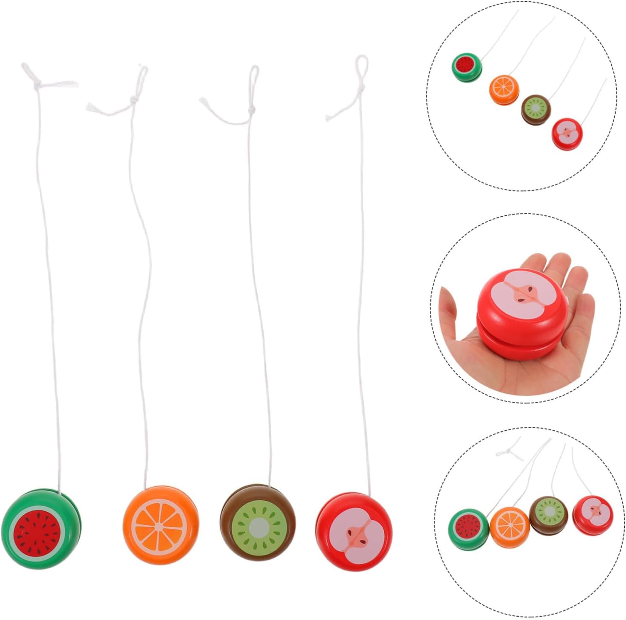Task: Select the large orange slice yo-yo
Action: (161, 525)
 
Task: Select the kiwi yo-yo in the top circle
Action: (536, 109)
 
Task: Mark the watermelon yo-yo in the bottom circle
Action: (468, 528)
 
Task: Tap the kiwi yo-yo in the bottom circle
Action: (548, 514)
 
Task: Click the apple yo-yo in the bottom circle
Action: (592, 513)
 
